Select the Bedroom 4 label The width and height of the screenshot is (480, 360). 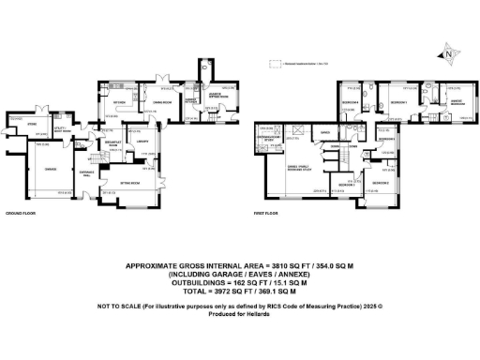pyautogui.click(x=352, y=101)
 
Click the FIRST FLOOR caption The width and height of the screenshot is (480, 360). pyautogui.click(x=264, y=215)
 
